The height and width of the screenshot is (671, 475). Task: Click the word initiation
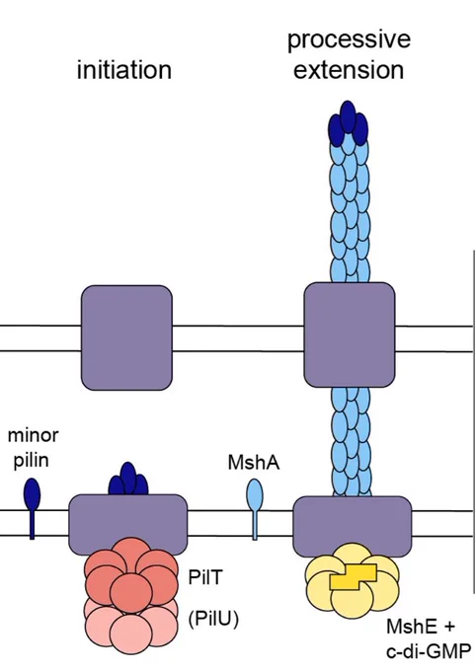tap(124, 70)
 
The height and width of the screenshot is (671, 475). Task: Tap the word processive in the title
tap(349, 40)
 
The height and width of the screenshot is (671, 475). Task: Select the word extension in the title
tap(349, 70)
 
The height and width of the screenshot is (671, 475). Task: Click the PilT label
tap(205, 577)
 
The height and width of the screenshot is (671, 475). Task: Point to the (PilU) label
tap(213, 619)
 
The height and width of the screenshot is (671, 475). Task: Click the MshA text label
tap(254, 463)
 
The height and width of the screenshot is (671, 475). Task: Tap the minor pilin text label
tap(33, 448)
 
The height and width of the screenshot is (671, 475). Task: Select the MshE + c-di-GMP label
tap(428, 638)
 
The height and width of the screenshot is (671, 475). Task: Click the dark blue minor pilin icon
tap(33, 507)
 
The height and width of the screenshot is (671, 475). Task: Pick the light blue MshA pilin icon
tap(255, 508)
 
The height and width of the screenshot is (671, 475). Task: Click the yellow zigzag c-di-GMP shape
tap(354, 577)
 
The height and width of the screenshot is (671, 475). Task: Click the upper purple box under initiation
tap(126, 337)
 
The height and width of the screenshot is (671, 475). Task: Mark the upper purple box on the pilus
tap(350, 335)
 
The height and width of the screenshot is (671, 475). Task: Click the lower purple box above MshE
tap(353, 526)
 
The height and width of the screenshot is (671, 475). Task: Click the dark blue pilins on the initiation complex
tap(128, 480)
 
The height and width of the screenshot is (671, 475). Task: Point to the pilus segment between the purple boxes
tap(351, 442)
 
